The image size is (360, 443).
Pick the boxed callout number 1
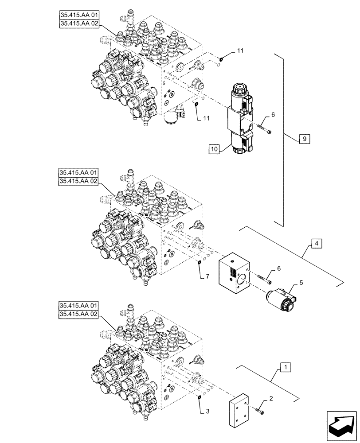click(286, 367)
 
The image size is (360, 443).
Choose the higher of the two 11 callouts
click(240, 52)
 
